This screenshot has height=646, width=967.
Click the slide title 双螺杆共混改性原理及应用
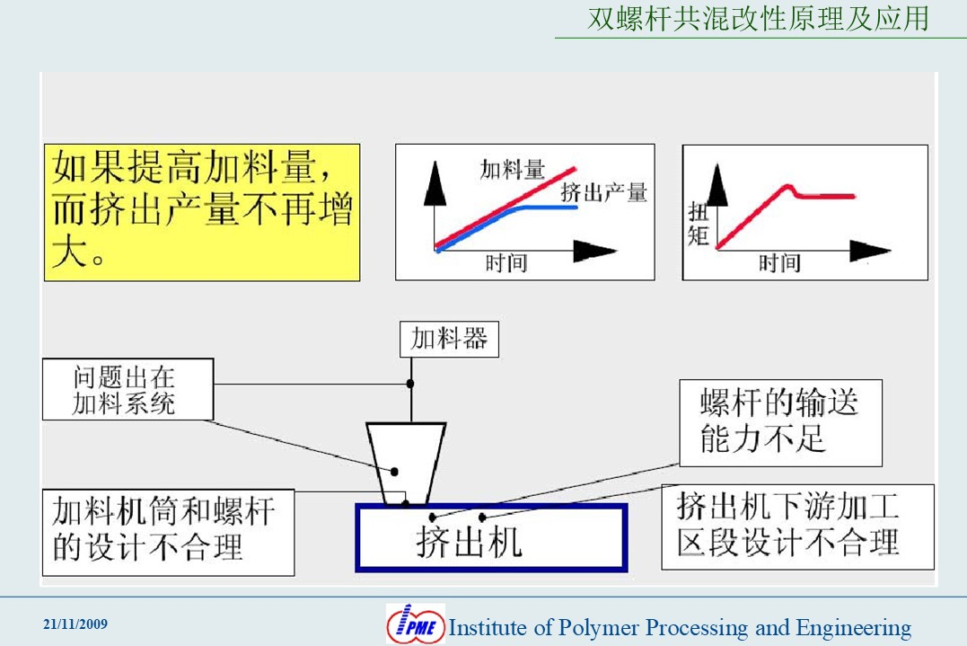tap(758, 19)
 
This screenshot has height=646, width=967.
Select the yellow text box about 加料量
tap(202, 213)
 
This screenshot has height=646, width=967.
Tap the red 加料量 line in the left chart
tap(505, 208)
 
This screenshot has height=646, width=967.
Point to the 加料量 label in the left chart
tap(513, 169)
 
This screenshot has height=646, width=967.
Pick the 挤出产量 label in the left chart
tap(603, 192)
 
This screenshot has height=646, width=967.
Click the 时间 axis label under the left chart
tap(505, 263)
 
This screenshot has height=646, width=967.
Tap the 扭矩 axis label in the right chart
tap(699, 224)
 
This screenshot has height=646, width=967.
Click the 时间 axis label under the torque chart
tap(779, 263)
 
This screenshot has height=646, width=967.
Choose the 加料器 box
tap(449, 340)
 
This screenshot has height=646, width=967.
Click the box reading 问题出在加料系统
tap(128, 389)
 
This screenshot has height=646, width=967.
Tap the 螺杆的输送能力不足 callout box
tap(781, 422)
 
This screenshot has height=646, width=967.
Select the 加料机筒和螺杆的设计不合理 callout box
tap(169, 533)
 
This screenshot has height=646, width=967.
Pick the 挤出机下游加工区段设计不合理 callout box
tap(798, 527)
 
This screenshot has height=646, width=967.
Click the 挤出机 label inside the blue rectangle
tap(470, 543)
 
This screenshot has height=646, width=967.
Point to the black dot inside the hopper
tap(395, 472)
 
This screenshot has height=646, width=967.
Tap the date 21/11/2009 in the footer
tap(75, 624)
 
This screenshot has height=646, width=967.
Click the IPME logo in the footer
tap(416, 624)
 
